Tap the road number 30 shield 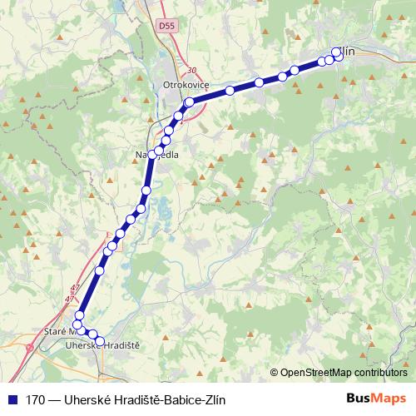(192, 71)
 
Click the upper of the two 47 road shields (76, 288)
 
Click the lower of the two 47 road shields (69, 297)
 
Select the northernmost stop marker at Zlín (336, 52)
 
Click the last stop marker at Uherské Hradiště (100, 341)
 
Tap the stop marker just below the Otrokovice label (189, 102)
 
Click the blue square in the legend (12, 399)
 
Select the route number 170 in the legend (37, 399)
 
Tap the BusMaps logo (376, 399)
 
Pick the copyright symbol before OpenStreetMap (274, 373)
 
